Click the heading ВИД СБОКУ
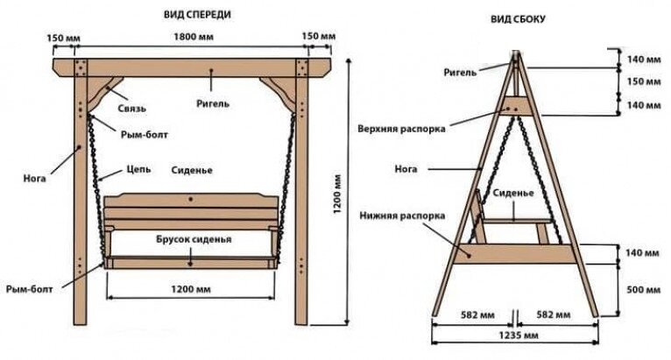517,18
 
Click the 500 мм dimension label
642,287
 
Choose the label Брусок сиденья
194,238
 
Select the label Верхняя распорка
401,128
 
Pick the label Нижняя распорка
401,215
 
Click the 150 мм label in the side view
642,81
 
